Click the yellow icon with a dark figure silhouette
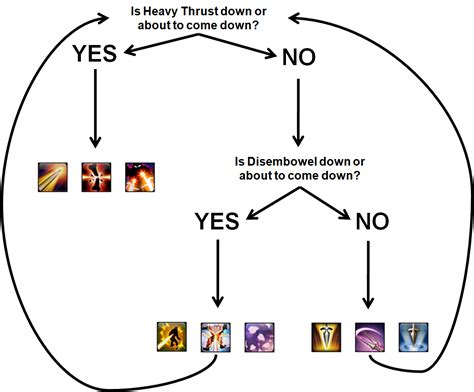172,335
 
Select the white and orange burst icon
215,335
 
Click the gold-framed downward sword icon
327,335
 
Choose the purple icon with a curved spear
370,335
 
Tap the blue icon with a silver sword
413,335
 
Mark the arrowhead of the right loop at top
292,17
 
